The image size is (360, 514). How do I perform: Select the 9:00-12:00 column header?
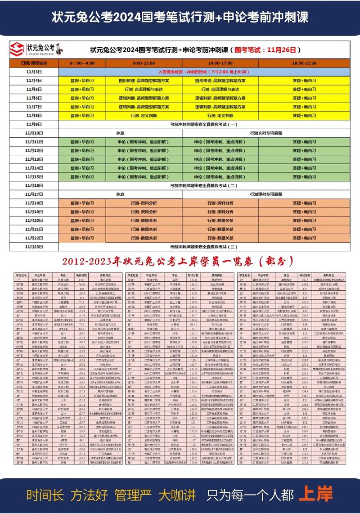click(144, 63)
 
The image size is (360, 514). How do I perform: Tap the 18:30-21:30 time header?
click(305, 63)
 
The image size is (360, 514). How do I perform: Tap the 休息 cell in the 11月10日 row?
click(120, 133)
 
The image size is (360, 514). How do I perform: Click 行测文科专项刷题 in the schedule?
click(266, 133)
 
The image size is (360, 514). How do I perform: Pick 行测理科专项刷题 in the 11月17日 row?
click(266, 194)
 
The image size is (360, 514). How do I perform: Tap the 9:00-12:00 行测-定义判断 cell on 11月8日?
click(144, 115)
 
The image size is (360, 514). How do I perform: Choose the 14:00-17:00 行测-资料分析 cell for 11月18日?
click(220, 203)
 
